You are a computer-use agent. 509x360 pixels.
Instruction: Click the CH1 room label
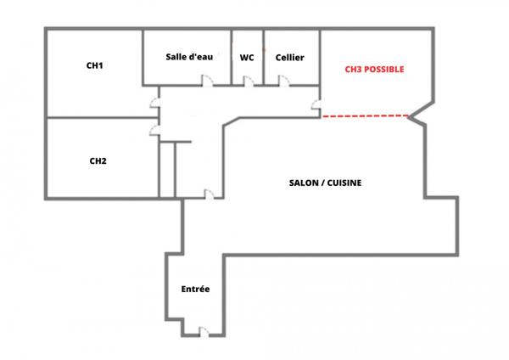95,65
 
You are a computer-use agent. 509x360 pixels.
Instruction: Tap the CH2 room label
98,160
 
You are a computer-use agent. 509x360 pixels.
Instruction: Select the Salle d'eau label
187,57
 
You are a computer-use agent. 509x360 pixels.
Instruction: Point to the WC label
247,58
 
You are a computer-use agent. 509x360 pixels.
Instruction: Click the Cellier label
290,58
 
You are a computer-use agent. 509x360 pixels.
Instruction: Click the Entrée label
195,290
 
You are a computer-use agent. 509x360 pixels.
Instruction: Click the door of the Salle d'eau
205,81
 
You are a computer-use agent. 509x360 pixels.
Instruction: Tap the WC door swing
249,81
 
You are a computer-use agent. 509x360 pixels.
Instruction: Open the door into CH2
154,128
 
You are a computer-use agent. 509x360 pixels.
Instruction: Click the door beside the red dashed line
316,105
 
